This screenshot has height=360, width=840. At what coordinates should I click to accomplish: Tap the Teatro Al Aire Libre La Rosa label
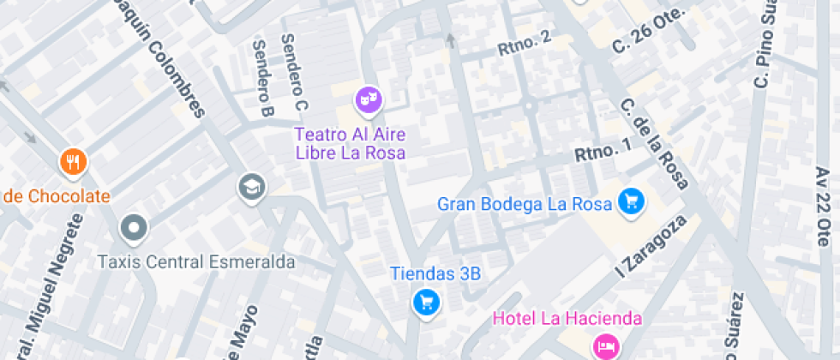[350, 144]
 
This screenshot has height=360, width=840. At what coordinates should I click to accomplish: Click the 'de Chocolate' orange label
[56, 196]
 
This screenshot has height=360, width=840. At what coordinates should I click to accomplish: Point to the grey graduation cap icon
[252, 186]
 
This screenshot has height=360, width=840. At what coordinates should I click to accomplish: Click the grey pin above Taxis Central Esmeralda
[134, 229]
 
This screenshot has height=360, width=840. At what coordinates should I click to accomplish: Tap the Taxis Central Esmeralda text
[196, 262]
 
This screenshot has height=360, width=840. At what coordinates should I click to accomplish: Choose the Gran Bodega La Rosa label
[525, 204]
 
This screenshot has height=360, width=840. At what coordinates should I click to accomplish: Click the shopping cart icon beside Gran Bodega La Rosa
[632, 201]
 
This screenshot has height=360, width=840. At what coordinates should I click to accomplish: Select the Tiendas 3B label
[435, 274]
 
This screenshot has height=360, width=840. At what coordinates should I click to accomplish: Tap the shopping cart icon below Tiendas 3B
[425, 302]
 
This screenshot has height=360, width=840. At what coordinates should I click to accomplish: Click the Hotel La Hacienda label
[567, 319]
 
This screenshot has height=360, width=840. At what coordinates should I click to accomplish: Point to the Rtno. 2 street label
[524, 44]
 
